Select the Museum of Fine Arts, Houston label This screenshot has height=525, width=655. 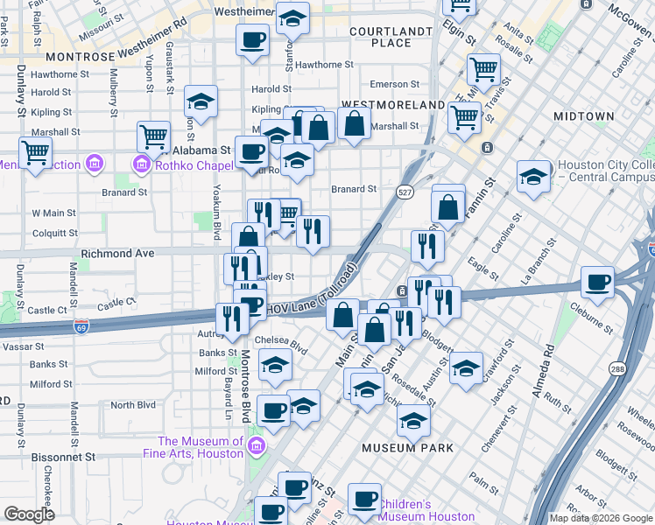coord(201,447)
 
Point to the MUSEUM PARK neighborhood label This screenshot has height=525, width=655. coord(408,448)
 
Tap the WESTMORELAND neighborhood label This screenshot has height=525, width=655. coord(392,105)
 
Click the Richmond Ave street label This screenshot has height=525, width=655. coord(117,253)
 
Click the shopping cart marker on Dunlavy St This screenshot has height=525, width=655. coord(35,152)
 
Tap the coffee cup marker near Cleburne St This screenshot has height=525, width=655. coord(598,282)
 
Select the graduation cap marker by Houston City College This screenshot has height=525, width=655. coord(533,176)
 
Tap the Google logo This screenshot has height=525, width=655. coord(29,514)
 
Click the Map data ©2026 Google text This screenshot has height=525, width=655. coord(600,518)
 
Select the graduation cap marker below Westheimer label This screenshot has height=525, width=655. coord(292,17)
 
